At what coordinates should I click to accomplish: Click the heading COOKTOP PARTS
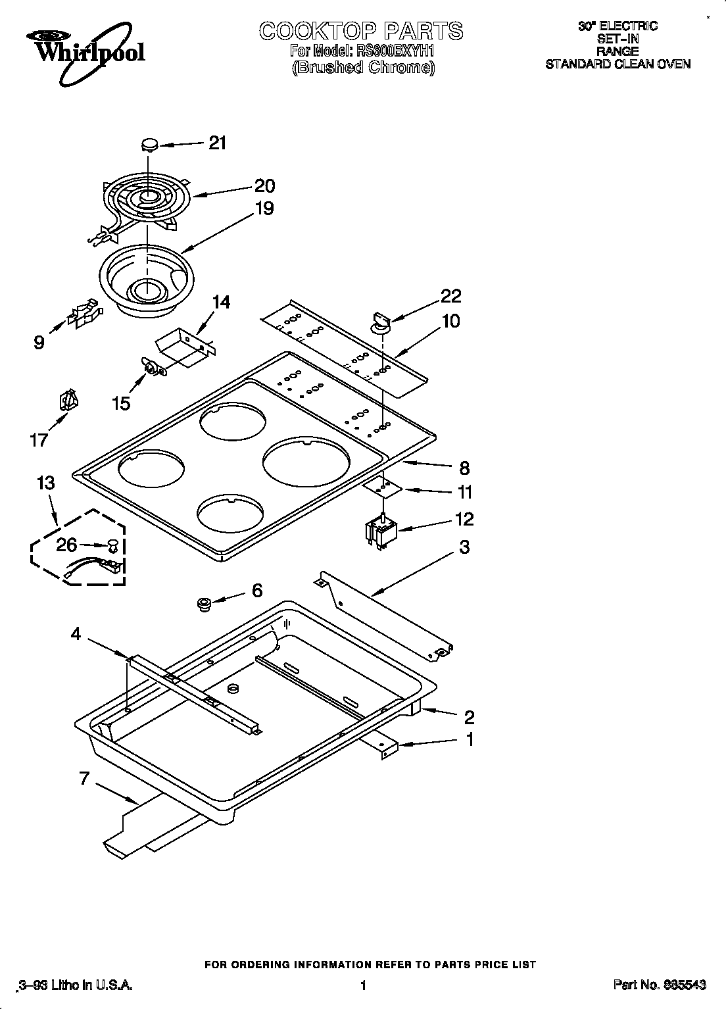(x=360, y=31)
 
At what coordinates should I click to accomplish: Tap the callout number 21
(x=217, y=143)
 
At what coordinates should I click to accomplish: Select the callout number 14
(x=222, y=302)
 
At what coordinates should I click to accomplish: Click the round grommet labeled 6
(x=205, y=603)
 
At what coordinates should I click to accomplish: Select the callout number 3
(x=464, y=547)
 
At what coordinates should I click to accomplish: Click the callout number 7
(x=84, y=779)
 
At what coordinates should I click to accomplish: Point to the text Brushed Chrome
(x=363, y=67)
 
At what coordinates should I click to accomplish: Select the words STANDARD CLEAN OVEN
(x=617, y=64)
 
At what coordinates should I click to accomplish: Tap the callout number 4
(x=76, y=633)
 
